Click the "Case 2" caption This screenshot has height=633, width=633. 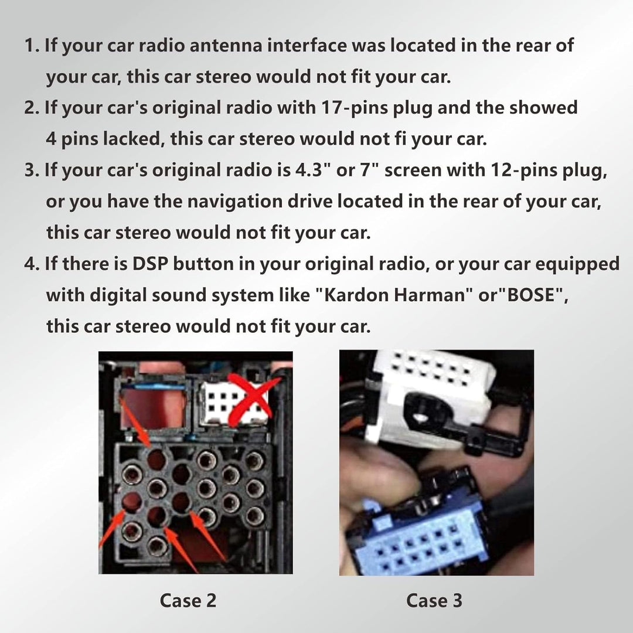(x=188, y=600)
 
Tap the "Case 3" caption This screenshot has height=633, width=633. (x=434, y=600)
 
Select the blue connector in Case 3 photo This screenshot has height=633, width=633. (x=416, y=537)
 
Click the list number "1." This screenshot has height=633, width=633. (x=32, y=45)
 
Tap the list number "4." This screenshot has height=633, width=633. (x=32, y=264)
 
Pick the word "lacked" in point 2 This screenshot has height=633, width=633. (x=132, y=138)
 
